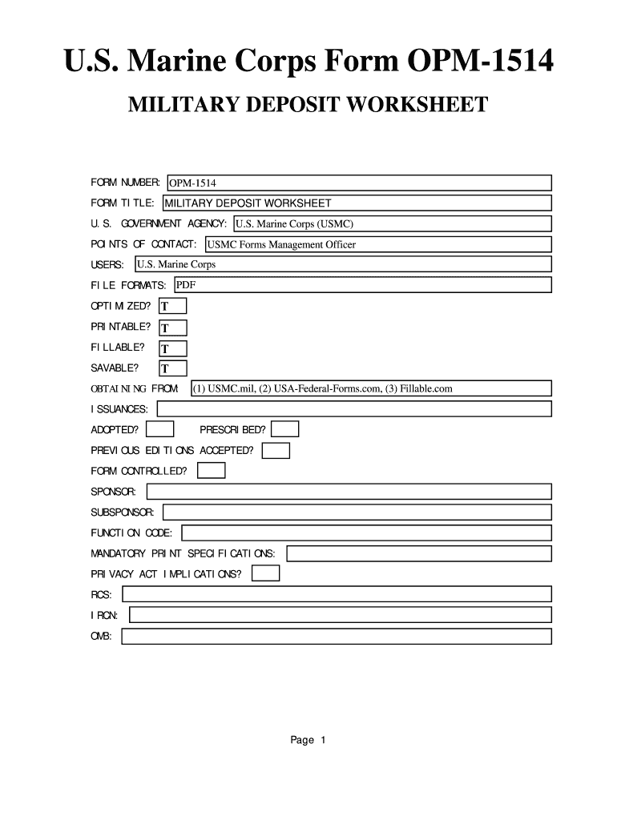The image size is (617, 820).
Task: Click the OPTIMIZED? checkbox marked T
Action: pos(173,307)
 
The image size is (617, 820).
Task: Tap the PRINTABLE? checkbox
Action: pos(173,328)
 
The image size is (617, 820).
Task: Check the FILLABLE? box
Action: pos(173,348)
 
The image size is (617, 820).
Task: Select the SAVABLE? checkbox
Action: pos(173,368)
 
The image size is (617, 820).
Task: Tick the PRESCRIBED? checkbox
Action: pos(286,429)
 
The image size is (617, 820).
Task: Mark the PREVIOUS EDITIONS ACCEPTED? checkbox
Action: pos(276,451)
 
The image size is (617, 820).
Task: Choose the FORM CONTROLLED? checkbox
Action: pos(212,471)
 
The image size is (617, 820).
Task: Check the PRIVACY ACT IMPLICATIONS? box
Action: pos(266,573)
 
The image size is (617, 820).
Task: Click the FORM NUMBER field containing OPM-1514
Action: pos(359,183)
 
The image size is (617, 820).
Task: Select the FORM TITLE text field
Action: pos(357,203)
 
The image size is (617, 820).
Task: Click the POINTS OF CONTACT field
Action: pos(378,244)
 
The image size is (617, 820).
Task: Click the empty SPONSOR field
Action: pos(349,491)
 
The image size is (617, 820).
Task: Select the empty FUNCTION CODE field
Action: pos(367,533)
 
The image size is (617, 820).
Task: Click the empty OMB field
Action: pos(337,636)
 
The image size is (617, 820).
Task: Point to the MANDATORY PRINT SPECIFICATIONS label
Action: pos(183,553)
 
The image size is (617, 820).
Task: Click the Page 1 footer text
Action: pos(308,740)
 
